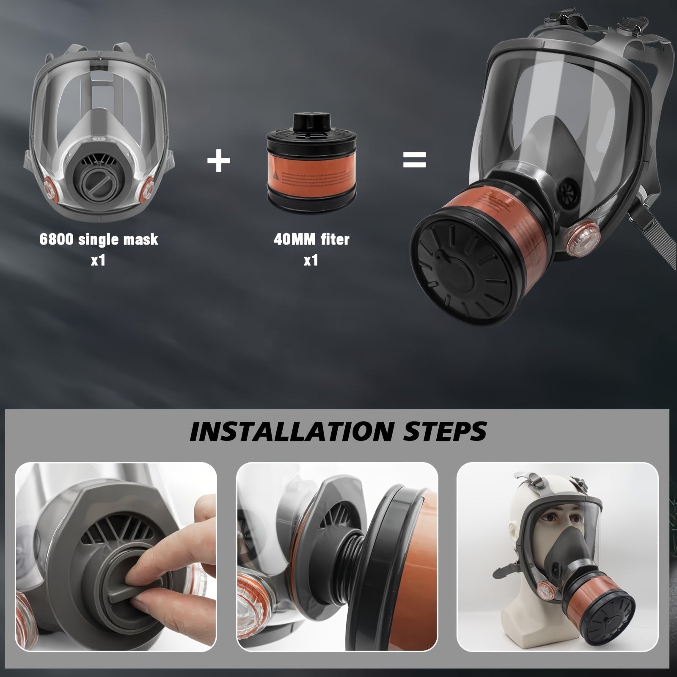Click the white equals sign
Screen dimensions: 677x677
(414, 160)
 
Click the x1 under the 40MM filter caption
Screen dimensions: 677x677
(311, 260)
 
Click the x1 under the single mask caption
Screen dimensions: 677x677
(98, 260)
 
